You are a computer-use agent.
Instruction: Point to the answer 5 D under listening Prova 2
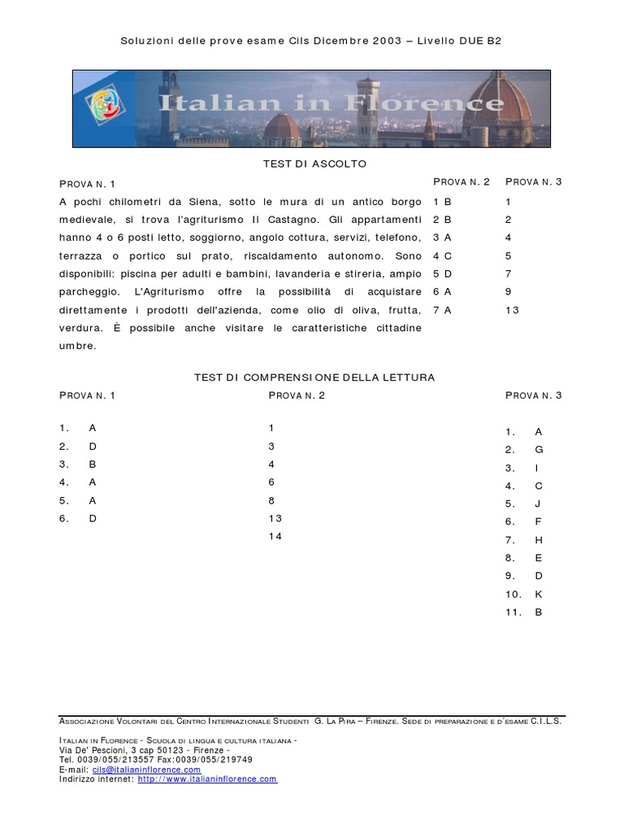point(442,274)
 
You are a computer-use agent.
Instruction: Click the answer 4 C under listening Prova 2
point(442,256)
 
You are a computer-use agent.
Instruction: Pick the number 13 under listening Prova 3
point(512,310)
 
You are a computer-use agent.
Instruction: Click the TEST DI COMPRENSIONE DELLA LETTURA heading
point(314,377)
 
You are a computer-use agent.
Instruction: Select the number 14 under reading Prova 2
point(275,536)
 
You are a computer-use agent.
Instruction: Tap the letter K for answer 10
point(538,595)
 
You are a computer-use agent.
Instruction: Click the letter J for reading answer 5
point(538,504)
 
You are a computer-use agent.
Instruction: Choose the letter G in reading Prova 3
point(539,450)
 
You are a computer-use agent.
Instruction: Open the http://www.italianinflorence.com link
point(207,779)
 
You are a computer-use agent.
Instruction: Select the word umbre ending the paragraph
point(78,346)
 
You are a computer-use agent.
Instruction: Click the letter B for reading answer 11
point(538,613)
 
